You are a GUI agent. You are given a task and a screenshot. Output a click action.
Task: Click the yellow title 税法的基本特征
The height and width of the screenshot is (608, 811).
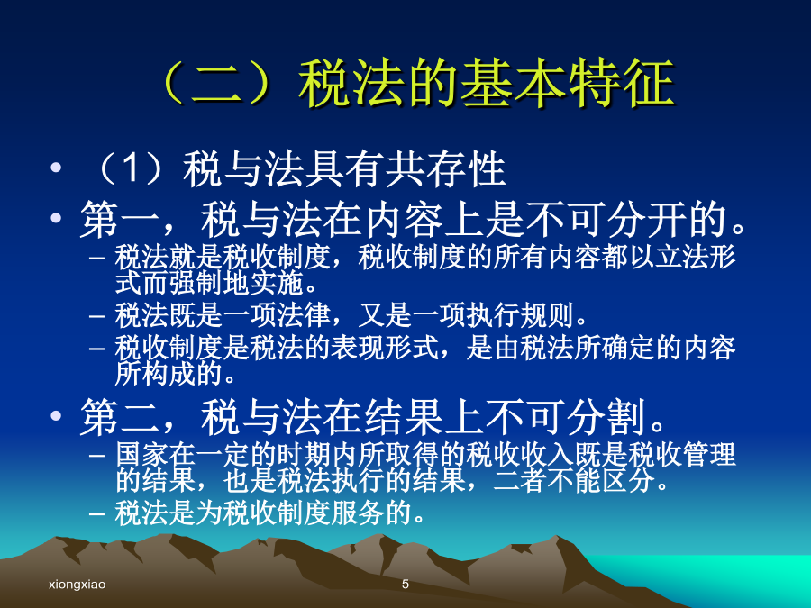[487, 83]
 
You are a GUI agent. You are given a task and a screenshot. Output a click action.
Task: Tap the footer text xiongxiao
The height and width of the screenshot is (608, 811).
[77, 585]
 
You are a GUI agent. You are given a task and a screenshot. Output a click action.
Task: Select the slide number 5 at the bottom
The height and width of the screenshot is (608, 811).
[405, 585]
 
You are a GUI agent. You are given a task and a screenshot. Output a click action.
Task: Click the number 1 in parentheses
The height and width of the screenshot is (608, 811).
[132, 168]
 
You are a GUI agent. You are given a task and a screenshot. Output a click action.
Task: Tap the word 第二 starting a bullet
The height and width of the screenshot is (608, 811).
[120, 417]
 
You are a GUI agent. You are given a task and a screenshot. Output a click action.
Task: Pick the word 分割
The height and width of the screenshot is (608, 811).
[607, 417]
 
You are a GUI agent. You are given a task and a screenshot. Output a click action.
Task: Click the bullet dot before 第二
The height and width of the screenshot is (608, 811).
[56, 415]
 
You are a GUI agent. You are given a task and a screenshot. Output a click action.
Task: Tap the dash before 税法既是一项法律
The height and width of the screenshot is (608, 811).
[96, 316]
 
